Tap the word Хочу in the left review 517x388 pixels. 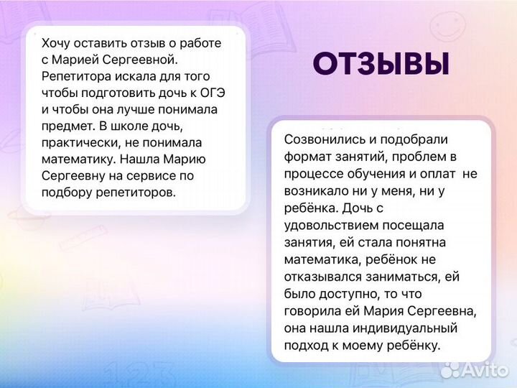pyautogui.click(x=56, y=43)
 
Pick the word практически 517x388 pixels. pyautogui.click(x=79, y=142)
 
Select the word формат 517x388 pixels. pyautogui.click(x=306, y=157)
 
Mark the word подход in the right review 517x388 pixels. pyautogui.click(x=305, y=346)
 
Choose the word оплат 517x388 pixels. pyautogui.click(x=439, y=174)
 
